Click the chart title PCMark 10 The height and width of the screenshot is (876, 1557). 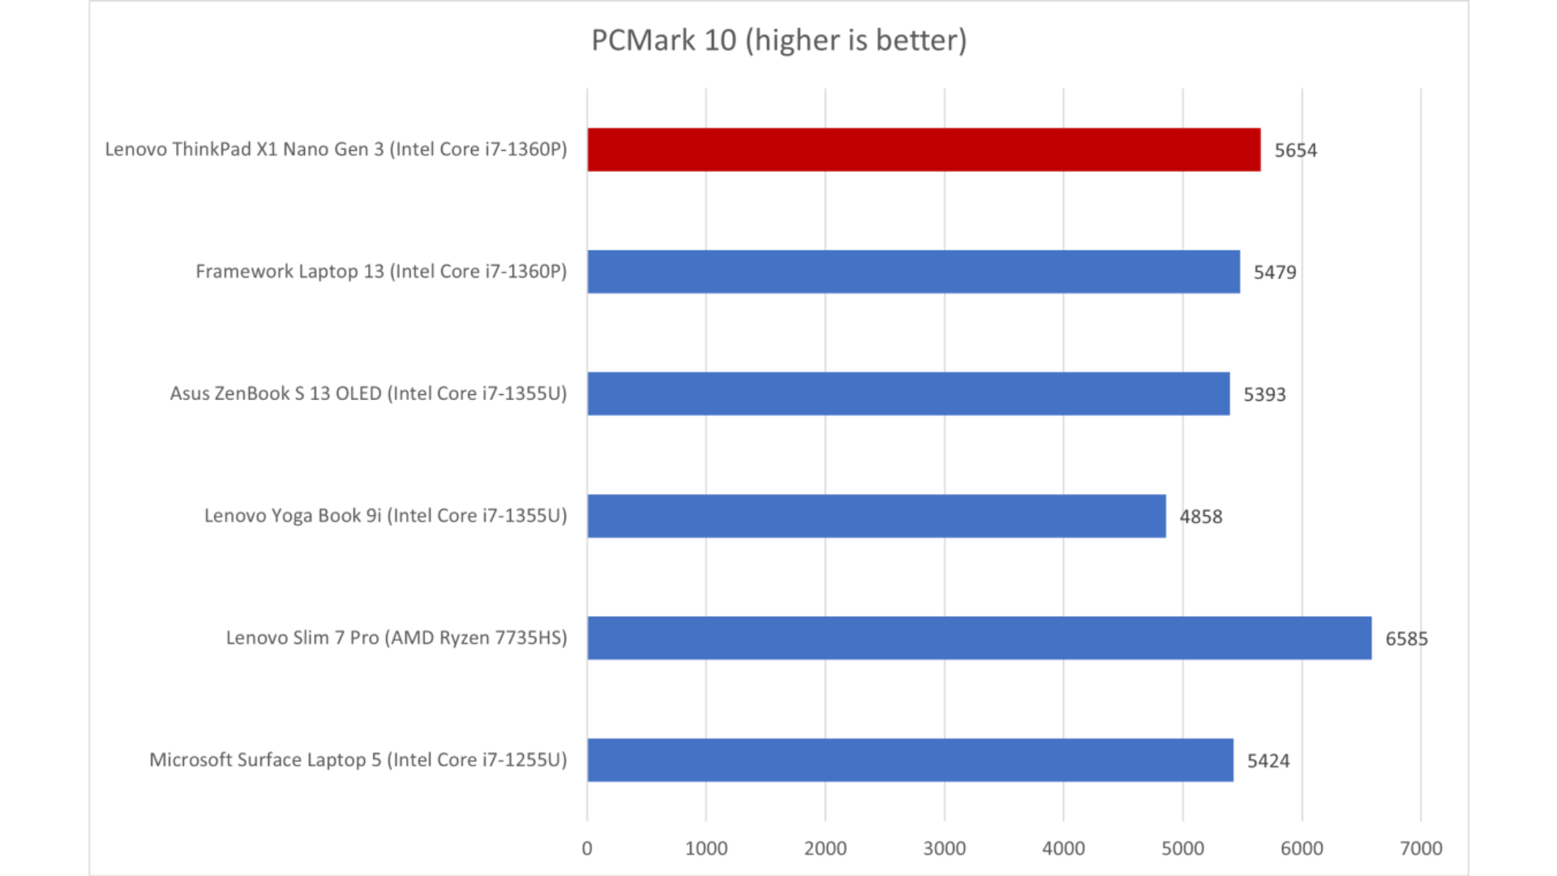click(778, 41)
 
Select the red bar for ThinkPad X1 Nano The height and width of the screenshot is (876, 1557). click(924, 149)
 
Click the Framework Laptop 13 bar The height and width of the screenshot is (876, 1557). click(913, 272)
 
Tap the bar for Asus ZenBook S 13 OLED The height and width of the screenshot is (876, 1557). click(908, 394)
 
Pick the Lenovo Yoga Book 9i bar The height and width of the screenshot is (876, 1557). click(877, 516)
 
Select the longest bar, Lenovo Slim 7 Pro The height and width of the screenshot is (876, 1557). click(979, 638)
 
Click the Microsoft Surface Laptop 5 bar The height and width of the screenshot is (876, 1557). click(910, 760)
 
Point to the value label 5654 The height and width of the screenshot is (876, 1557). click(1295, 150)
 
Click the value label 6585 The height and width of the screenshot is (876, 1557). click(1406, 639)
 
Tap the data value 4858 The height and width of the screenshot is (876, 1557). click(1200, 517)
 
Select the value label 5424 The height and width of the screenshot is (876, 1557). click(1267, 761)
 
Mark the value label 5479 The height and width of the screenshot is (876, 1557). click(1275, 273)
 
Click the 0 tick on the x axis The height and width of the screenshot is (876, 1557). click(587, 848)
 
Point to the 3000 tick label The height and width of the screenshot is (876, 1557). click(944, 848)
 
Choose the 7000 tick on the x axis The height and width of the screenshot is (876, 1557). click(1421, 848)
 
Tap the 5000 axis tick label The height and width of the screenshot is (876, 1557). click(1182, 848)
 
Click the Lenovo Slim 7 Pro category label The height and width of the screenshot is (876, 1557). click(396, 638)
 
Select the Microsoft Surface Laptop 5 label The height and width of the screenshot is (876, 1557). click(358, 760)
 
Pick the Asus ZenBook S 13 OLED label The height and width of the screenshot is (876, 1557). click(368, 394)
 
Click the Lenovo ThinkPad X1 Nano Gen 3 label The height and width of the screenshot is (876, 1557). click(336, 149)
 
